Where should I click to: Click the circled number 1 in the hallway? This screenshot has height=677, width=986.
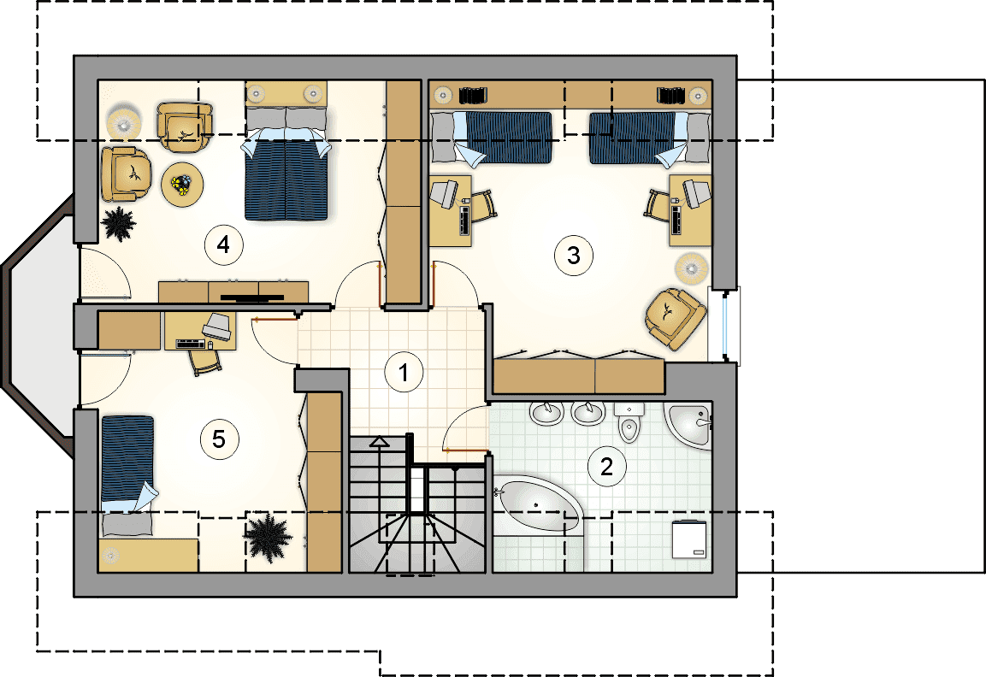click(x=404, y=372)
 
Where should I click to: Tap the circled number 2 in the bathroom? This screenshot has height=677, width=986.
click(x=607, y=467)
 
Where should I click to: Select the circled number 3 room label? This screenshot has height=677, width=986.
click(x=574, y=256)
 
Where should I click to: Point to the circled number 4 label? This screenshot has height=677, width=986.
click(x=224, y=244)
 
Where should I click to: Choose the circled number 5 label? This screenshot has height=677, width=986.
click(x=219, y=439)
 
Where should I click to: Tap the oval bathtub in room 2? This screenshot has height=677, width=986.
click(x=538, y=508)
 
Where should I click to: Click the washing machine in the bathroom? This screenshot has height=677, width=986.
click(x=689, y=539)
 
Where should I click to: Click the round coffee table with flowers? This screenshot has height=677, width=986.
click(x=182, y=184)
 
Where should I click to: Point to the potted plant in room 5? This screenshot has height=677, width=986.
click(x=269, y=536)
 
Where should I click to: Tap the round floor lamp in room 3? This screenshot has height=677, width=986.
click(x=692, y=269)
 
